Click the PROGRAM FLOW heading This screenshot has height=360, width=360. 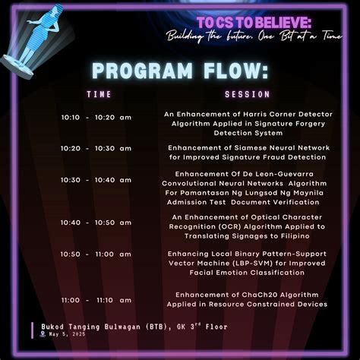pos(179,71)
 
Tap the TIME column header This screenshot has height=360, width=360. pos(99,95)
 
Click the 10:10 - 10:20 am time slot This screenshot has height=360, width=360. pos(96,117)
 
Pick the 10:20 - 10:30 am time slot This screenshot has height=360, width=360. pos(96,149)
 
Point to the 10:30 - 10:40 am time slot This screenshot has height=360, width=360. pos(96,180)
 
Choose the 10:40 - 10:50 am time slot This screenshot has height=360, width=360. pos(96,223)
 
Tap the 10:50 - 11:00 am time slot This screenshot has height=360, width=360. pos(96,254)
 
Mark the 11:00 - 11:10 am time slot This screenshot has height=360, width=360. pos(96,300)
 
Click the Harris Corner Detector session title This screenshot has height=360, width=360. pos(245,122)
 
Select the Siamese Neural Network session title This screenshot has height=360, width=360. pos(245,153)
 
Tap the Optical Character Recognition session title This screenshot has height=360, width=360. pos(245,226)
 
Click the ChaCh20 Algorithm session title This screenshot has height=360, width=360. pos(245,299)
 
